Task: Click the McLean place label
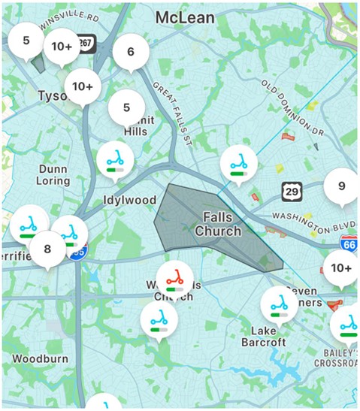pos(183,17)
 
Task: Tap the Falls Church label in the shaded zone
pos(218,224)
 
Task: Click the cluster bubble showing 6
pos(131,53)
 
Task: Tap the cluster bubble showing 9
pos(341,187)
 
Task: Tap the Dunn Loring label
pos(54,174)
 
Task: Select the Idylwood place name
pos(129,201)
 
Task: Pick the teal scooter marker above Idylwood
pos(115,159)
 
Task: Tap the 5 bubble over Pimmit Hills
pos(126,107)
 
